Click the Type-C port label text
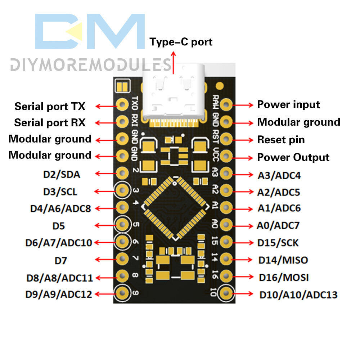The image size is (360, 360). tap(181, 42)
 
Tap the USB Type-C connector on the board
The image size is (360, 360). tap(174, 92)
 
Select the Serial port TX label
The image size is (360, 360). tap(50, 107)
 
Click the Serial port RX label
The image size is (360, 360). tap(50, 123)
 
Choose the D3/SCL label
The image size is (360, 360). tap(60, 192)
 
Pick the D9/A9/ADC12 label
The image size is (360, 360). tap(59, 294)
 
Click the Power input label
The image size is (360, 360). tap(288, 105)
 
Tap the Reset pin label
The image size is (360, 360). tap(281, 140)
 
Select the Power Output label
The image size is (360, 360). tap(293, 157)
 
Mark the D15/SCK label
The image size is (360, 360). tap(278, 243)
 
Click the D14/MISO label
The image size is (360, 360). tap(283, 260)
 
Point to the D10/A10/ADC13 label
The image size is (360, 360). tap(298, 295)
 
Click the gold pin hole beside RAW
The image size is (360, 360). tap(226, 105)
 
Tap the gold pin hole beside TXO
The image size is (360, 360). tap(122, 104)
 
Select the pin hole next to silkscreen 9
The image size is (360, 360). tap(122, 294)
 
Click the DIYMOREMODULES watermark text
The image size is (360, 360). tap(90, 65)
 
